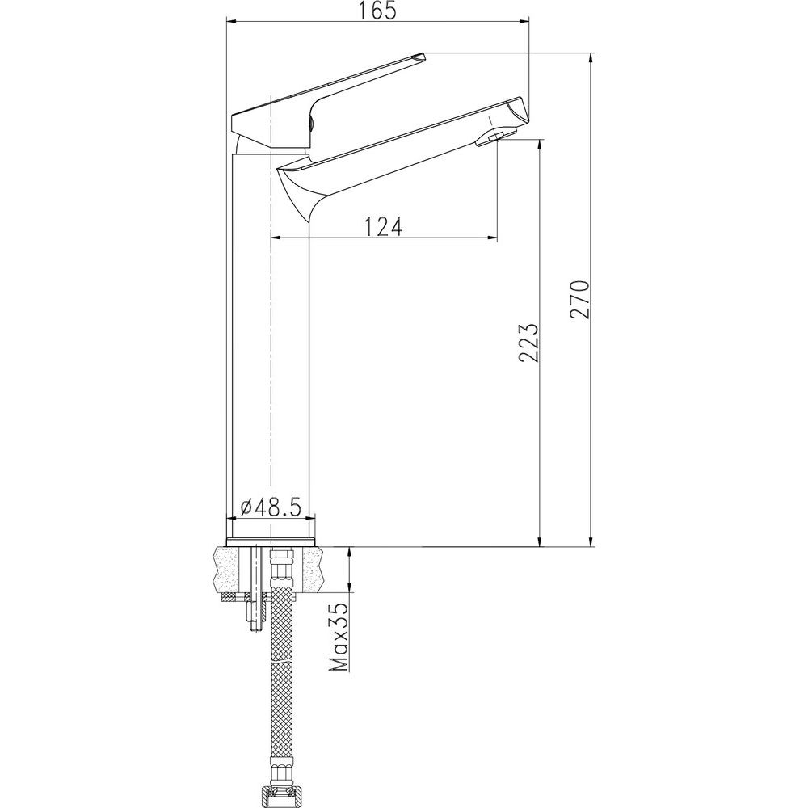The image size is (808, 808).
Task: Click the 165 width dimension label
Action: [378, 11]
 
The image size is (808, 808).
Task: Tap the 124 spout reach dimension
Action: [383, 227]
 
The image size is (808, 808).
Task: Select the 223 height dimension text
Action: [528, 343]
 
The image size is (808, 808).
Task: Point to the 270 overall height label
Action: [579, 300]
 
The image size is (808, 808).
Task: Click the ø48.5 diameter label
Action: [271, 507]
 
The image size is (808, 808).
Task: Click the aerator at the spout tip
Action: [491, 139]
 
